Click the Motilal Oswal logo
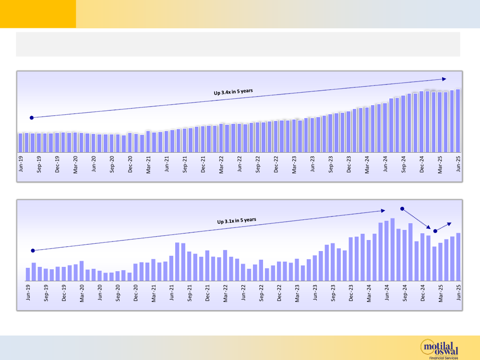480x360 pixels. pyautogui.click(x=439, y=348)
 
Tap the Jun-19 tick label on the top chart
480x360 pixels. pyautogui.click(x=21, y=164)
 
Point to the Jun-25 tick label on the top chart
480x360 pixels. pyautogui.click(x=458, y=164)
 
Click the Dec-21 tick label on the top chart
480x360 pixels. pyautogui.click(x=203, y=164)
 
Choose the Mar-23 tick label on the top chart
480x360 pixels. pyautogui.click(x=294, y=164)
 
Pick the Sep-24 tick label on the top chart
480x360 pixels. pyautogui.click(x=404, y=164)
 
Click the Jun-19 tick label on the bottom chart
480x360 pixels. pyautogui.click(x=28, y=292)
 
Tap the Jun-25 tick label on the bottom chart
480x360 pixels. pyautogui.click(x=458, y=292)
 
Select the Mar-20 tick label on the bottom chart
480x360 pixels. pyautogui.click(x=82, y=292)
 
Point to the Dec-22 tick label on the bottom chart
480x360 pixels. pyautogui.click(x=279, y=292)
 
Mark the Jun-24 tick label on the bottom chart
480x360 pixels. pyautogui.click(x=387, y=292)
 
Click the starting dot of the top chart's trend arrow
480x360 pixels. pyautogui.click(x=32, y=117)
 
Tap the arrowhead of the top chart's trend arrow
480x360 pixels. pyautogui.click(x=444, y=79)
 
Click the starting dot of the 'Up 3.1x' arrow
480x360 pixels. pyautogui.click(x=33, y=251)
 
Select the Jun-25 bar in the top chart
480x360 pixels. pyautogui.click(x=458, y=120)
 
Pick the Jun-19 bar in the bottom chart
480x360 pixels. pyautogui.click(x=28, y=274)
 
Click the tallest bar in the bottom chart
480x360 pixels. pyautogui.click(x=393, y=249)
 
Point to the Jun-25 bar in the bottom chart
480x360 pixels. pyautogui.click(x=458, y=256)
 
